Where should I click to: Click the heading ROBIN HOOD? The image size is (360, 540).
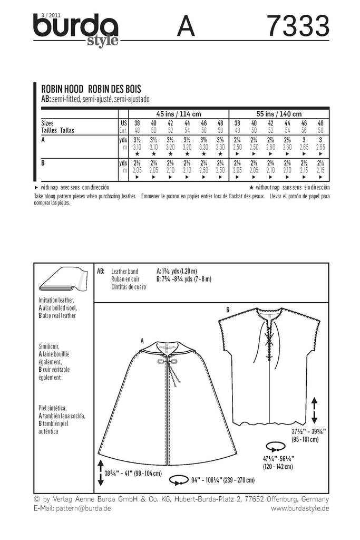click(x=59, y=89)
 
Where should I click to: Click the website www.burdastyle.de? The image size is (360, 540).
click(x=300, y=508)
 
